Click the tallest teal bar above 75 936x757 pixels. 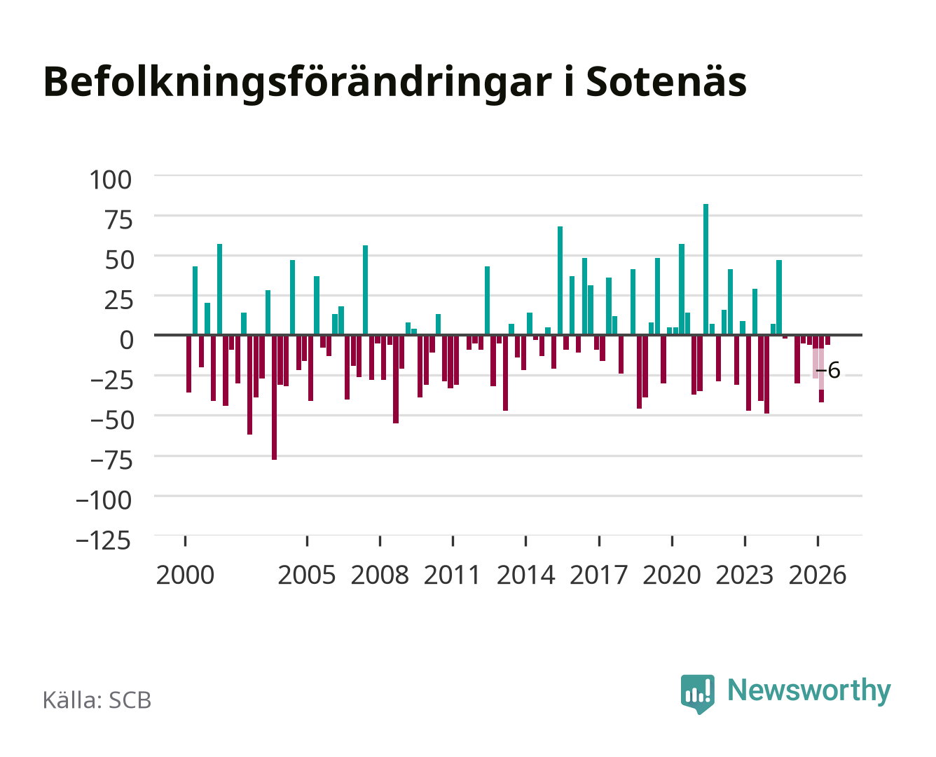pos(706,269)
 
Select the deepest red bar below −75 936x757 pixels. pos(274,397)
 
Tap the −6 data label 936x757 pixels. pos(827,370)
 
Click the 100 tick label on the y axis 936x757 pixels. pos(110,180)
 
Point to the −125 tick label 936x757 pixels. pos(104,540)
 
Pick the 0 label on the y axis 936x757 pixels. pos(127,340)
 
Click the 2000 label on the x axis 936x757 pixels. pos(185,575)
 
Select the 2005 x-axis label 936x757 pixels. pos(307,575)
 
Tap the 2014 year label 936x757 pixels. pos(525,575)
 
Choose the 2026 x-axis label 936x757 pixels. pos(818,575)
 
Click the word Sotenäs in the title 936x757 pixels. pos(666,82)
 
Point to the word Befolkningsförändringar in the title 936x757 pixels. pos(298,83)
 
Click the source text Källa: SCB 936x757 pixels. pos(97,700)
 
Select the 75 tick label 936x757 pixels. pos(118,220)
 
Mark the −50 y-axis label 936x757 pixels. pos(111,420)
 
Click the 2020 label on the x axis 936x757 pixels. pos(671,575)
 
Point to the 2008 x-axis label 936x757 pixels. pos(380,575)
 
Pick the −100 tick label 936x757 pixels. pos(104,500)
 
